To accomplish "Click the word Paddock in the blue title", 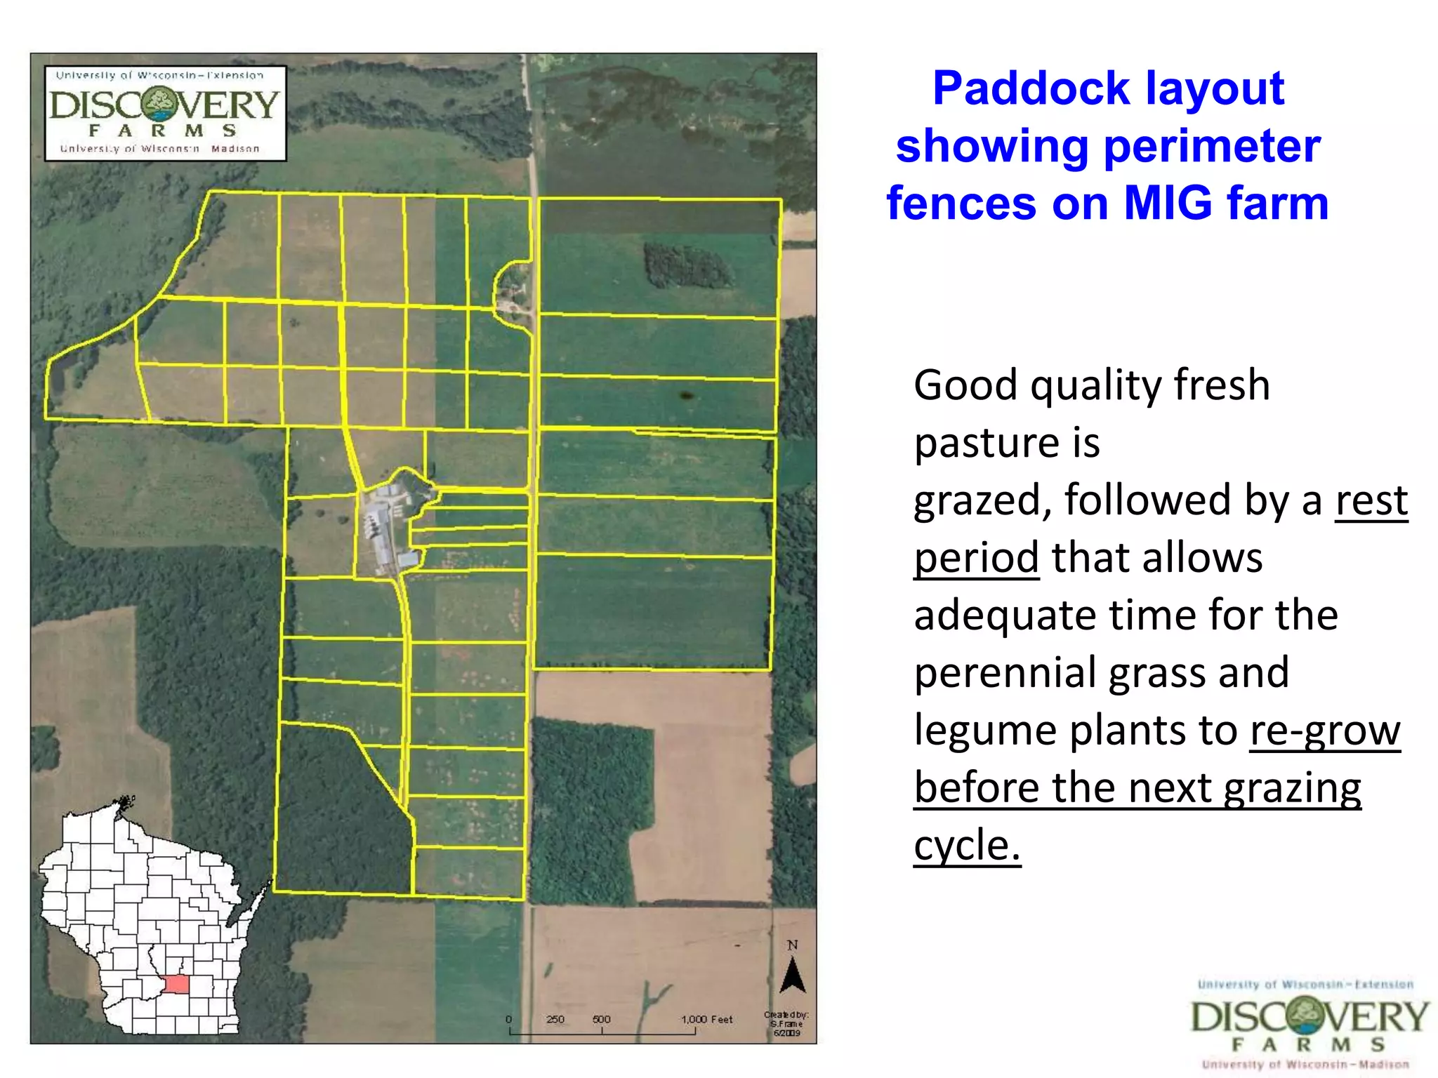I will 1030,89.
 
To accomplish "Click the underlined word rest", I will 1371,500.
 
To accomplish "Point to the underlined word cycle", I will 966,845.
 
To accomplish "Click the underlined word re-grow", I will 1324,731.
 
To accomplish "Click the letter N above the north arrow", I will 793,945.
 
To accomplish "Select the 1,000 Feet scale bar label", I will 706,1019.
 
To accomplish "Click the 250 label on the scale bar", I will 555,1019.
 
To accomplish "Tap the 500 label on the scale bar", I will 601,1019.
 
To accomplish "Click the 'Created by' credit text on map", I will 786,1023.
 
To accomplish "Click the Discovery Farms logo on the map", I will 165,113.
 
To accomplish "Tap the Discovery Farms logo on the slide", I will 1309,1024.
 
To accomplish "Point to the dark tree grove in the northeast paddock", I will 685,265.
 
